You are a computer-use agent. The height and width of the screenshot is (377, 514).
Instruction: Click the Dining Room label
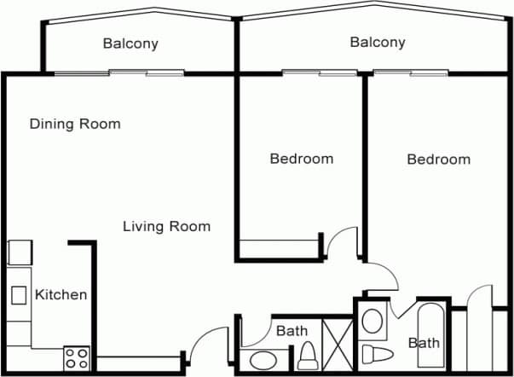[75, 124]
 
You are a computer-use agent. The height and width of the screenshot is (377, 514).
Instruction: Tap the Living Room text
[166, 226]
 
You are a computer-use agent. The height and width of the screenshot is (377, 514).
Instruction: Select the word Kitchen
[61, 295]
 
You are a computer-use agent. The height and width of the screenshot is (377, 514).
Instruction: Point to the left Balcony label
[130, 43]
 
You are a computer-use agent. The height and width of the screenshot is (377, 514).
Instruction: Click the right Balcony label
[377, 42]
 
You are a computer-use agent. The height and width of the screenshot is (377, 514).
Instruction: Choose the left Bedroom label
[301, 159]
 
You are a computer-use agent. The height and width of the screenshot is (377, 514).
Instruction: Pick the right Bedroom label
[438, 159]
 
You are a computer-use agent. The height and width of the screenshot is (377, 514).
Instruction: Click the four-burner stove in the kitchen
[76, 358]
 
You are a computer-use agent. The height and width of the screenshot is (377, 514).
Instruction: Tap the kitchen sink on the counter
[19, 295]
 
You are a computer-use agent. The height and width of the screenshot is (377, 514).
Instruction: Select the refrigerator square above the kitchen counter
[20, 252]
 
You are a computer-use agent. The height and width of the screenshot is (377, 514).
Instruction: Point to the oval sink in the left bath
[263, 359]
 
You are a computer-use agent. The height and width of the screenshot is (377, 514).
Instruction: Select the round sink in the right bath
[373, 322]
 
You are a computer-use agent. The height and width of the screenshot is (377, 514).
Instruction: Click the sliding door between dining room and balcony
[118, 72]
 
